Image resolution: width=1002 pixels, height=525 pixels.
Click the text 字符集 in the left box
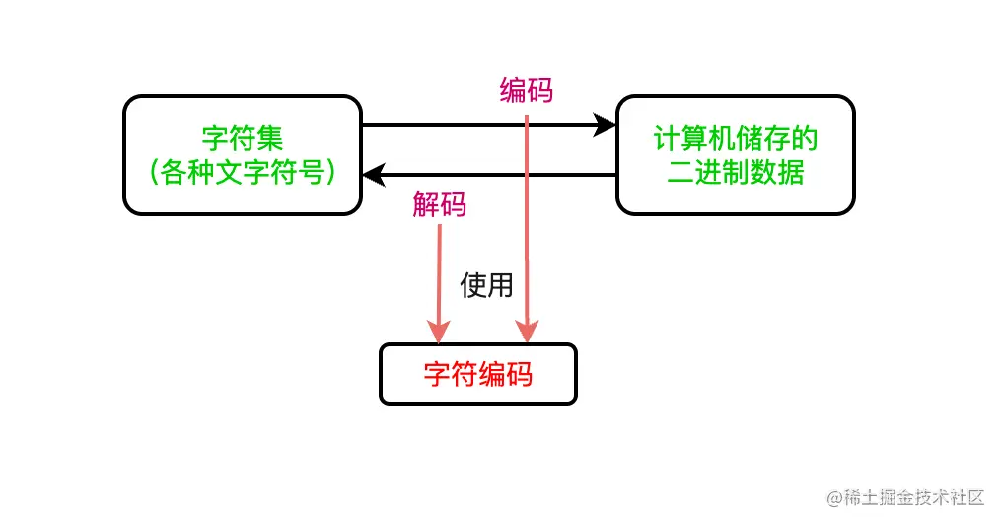(x=243, y=137)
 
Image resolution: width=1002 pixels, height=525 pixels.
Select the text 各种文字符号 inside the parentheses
(x=243, y=173)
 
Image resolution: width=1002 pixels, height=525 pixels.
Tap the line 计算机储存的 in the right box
(x=736, y=138)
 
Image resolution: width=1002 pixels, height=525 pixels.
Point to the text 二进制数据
(x=736, y=173)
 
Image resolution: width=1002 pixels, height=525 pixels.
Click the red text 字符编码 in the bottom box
(x=478, y=375)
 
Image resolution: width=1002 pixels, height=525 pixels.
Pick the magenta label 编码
(x=527, y=91)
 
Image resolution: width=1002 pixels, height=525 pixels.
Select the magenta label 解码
(x=440, y=205)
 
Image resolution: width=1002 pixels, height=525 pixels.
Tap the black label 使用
(x=486, y=285)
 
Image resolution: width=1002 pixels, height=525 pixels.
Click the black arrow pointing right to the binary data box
(x=483, y=125)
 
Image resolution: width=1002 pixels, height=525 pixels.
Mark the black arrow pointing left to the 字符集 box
(x=493, y=175)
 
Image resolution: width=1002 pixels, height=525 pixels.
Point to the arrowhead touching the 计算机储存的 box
(x=606, y=125)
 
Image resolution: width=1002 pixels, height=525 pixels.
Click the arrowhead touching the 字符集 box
(x=374, y=175)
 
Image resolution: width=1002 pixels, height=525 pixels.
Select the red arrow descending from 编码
(x=528, y=227)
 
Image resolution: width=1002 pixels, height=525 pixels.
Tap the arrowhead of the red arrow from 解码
(x=439, y=333)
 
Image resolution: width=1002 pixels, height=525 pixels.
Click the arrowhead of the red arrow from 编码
(x=528, y=333)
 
